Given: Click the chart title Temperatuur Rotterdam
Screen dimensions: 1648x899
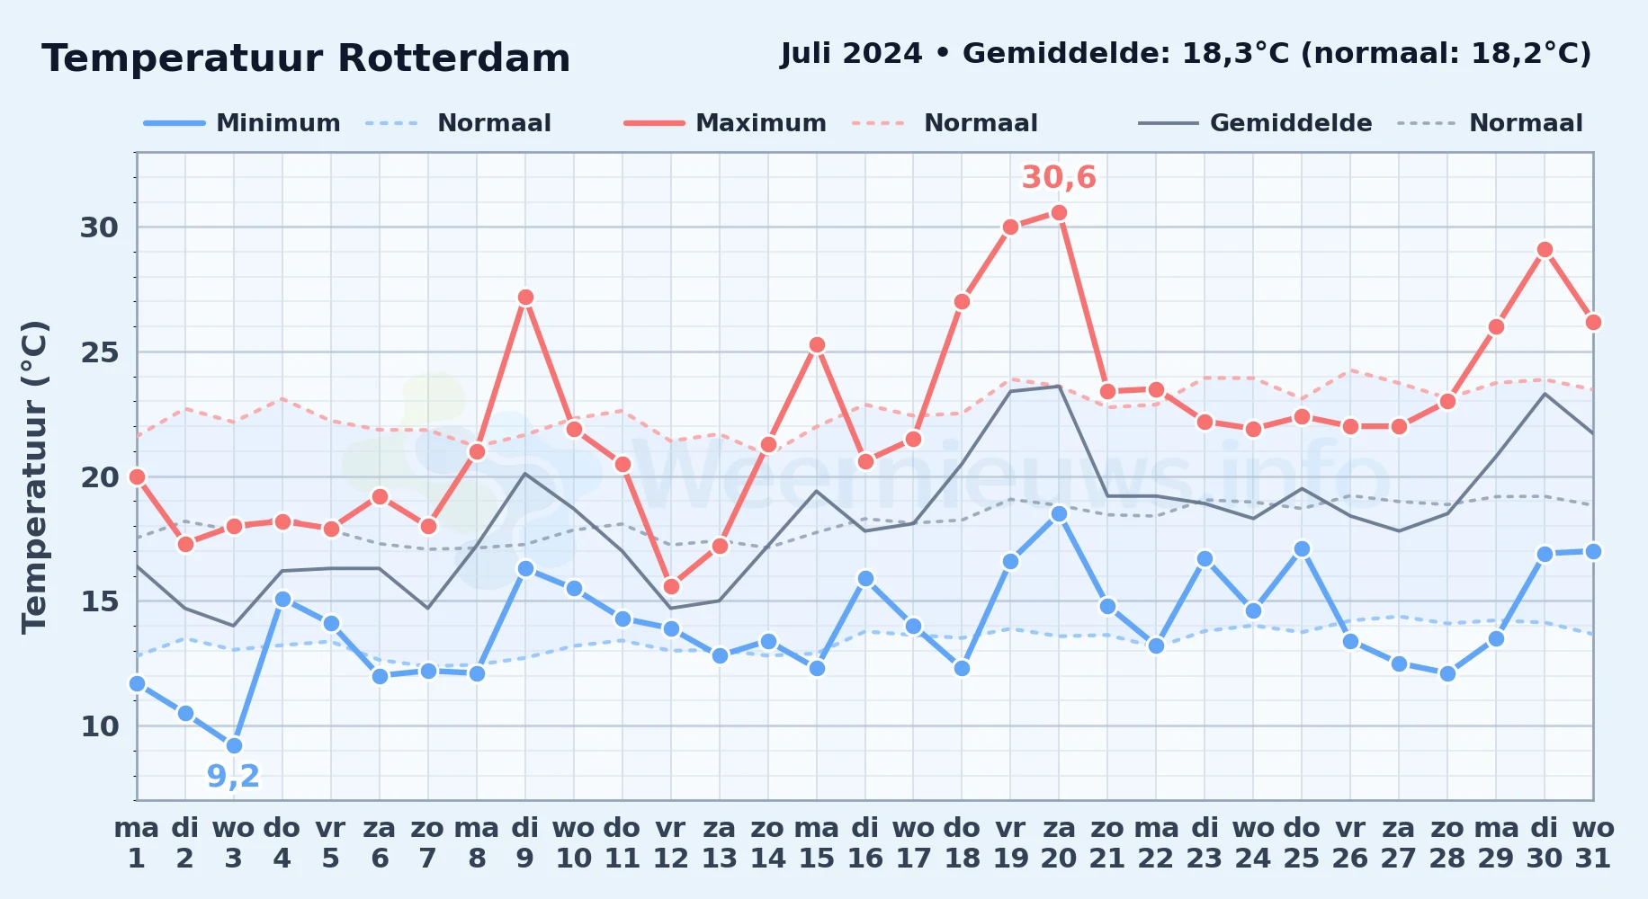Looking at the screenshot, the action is [x=306, y=58].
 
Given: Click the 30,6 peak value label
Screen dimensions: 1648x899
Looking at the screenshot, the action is [x=1059, y=178].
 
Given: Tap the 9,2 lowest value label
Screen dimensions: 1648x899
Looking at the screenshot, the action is [x=234, y=776].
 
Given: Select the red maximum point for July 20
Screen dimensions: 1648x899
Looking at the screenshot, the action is [x=1059, y=212].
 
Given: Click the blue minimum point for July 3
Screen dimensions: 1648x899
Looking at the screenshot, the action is [x=234, y=745].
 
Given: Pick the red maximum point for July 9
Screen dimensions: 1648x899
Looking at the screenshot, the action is [x=525, y=297].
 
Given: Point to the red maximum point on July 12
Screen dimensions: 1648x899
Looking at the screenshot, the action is [x=671, y=586].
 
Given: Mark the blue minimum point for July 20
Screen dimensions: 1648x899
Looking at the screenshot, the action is [x=1059, y=513].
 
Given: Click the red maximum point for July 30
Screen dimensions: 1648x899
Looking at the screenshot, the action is [x=1545, y=249].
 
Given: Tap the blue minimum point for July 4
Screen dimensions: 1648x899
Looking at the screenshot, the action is [x=282, y=599].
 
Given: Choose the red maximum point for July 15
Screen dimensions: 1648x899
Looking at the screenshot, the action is [x=817, y=344].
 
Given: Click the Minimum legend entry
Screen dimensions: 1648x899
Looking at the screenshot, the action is [x=242, y=123].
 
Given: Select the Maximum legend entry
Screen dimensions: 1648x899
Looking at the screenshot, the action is [x=725, y=123].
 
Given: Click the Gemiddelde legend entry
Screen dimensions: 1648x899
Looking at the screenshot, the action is [x=1255, y=123].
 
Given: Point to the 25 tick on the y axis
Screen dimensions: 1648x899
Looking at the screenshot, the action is [x=100, y=352].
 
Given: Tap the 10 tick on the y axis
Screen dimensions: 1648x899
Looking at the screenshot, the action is [x=100, y=726].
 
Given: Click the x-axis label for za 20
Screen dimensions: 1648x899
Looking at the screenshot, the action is [x=1059, y=843].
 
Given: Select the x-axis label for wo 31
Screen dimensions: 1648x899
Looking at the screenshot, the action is [x=1593, y=843].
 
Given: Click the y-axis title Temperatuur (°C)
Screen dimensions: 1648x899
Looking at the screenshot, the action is [x=34, y=476].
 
